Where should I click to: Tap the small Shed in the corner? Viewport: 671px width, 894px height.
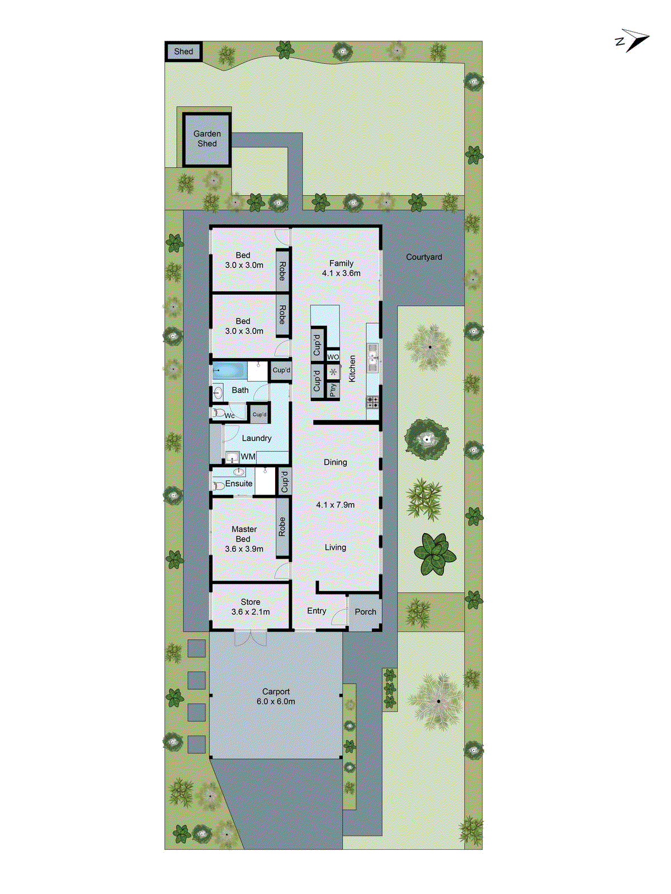183,52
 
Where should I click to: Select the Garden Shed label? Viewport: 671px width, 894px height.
207,139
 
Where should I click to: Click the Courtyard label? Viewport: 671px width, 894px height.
424,257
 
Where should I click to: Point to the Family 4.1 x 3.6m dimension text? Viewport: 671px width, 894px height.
341,273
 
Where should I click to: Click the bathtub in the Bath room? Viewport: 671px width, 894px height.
230,370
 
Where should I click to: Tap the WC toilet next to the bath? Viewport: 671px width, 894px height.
219,413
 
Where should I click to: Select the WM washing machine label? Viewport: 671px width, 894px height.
248,457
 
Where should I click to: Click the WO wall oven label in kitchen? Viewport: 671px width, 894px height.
333,357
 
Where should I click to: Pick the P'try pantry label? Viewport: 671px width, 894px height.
333,389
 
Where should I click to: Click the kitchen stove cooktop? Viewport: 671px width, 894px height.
372,401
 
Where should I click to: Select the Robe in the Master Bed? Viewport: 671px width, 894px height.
282,527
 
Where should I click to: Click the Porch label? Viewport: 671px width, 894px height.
365,612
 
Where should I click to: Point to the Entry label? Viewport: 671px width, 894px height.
316,611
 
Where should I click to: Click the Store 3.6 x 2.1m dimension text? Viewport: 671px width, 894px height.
251,612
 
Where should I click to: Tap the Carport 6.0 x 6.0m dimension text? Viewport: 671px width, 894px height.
276,701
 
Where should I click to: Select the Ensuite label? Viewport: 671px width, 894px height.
239,483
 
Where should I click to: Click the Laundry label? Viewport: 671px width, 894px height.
257,438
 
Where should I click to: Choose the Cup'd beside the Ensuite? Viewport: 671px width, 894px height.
284,481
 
